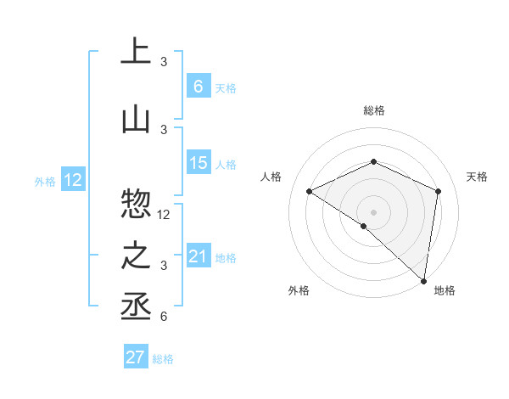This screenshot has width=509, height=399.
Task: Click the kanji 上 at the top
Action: pyautogui.click(x=136, y=51)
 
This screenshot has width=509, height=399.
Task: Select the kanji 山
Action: pyautogui.click(x=136, y=120)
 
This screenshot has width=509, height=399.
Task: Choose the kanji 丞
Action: pyautogui.click(x=136, y=307)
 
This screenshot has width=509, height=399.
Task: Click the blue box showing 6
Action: pyautogui.click(x=198, y=86)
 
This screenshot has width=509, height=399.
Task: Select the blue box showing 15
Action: pyautogui.click(x=198, y=163)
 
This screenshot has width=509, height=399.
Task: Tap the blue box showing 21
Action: pyautogui.click(x=198, y=256)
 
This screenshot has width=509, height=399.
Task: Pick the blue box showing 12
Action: pyautogui.click(x=73, y=180)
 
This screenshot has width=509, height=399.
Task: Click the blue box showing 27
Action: pyautogui.click(x=136, y=357)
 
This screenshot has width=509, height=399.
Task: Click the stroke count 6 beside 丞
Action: pyautogui.click(x=164, y=317)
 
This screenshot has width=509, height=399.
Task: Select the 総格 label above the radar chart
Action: pyautogui.click(x=373, y=110)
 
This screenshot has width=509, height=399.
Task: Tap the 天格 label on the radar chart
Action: pyautogui.click(x=478, y=177)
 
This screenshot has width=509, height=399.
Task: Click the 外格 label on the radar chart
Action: pyautogui.click(x=298, y=290)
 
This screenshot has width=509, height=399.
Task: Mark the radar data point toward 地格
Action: pyautogui.click(x=424, y=280)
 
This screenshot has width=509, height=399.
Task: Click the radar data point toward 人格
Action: pyautogui.click(x=310, y=191)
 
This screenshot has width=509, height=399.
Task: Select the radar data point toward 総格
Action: pyautogui.click(x=373, y=161)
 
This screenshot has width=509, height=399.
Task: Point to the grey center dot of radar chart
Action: pyautogui.click(x=373, y=211)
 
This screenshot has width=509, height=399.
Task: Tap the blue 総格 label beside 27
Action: pyautogui.click(x=163, y=359)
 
